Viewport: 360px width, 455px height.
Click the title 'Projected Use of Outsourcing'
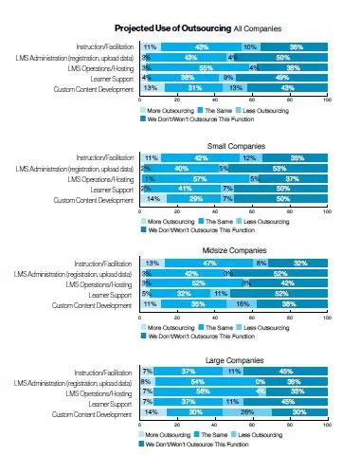pos(172,29)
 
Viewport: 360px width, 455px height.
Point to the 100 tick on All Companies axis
pos(327,99)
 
